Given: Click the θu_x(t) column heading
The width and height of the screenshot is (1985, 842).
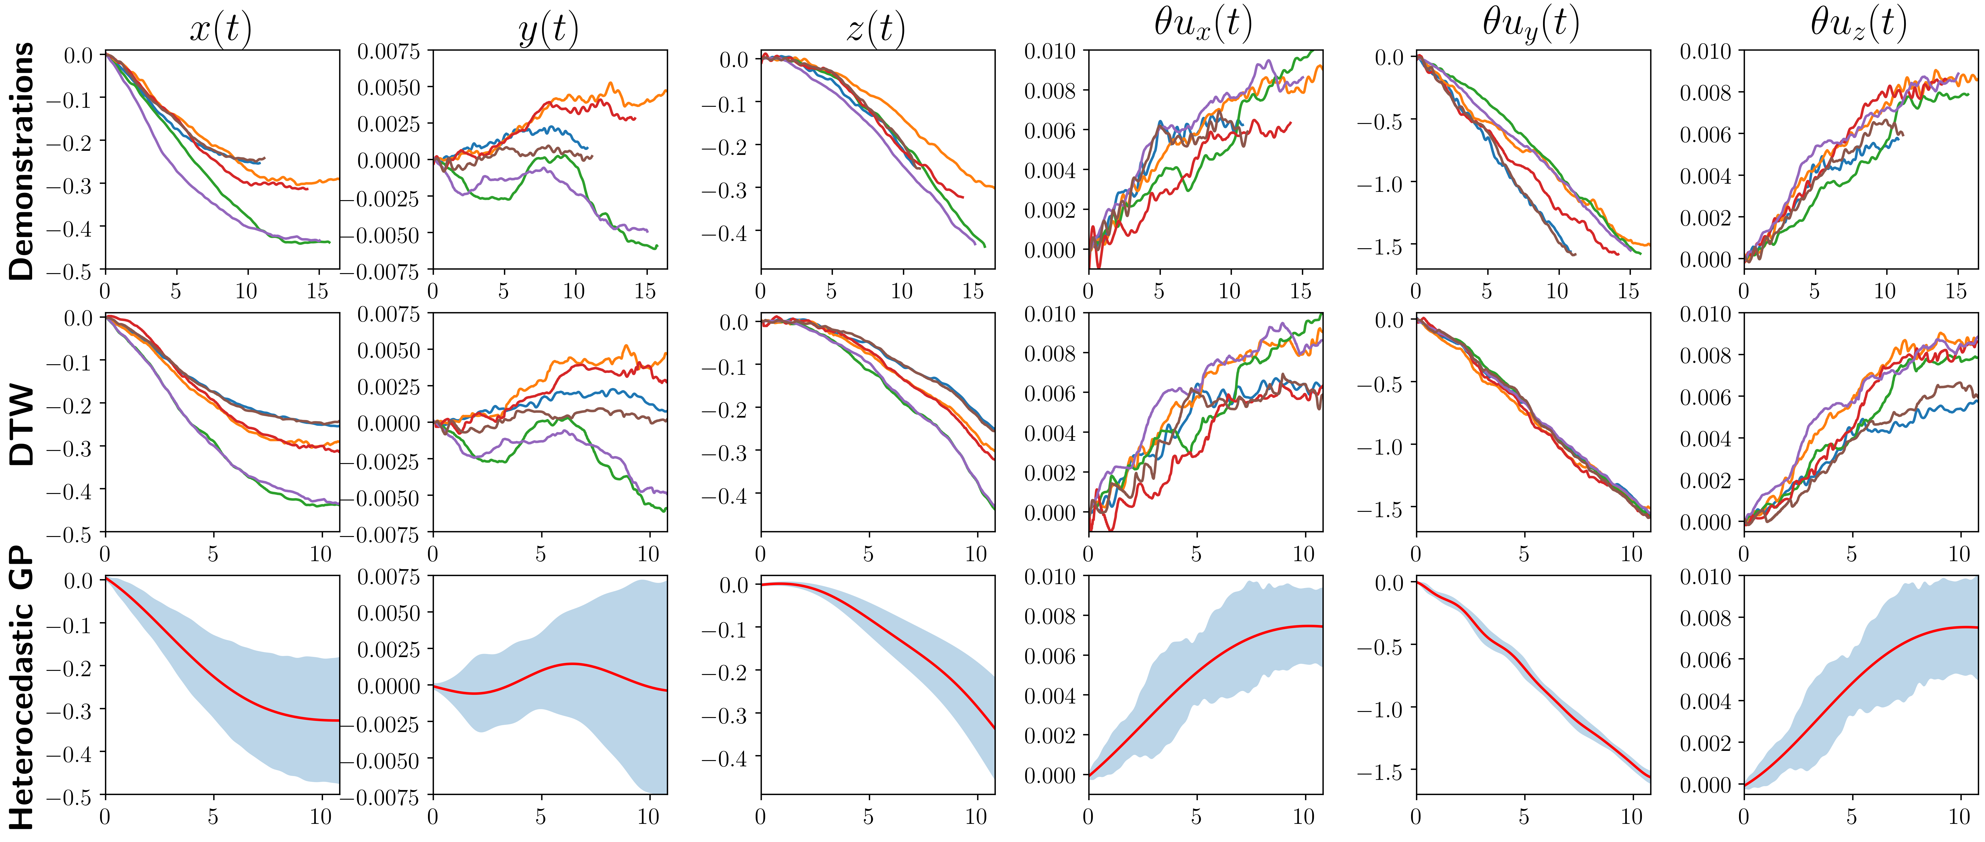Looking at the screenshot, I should click(1203, 25).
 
